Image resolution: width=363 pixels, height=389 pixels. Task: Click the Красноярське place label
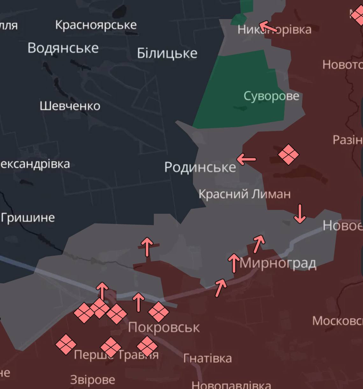point(96,25)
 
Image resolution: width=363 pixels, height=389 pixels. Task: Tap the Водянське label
point(63,48)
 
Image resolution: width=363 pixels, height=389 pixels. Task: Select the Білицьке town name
point(167,53)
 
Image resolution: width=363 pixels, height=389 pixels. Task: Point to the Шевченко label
point(70,106)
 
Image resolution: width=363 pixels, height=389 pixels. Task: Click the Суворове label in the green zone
point(271,96)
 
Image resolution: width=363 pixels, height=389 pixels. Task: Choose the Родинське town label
point(200,167)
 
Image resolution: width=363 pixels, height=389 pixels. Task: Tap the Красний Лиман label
point(245,194)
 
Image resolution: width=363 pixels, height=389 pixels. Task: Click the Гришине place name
point(28,218)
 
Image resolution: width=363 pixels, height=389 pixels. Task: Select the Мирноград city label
point(278,263)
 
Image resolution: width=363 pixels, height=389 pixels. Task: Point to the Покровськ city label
point(164,327)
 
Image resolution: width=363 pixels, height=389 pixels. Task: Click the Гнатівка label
point(207,358)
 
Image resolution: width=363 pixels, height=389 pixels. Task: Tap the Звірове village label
point(92,379)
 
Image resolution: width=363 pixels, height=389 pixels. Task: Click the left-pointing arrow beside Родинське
point(246,159)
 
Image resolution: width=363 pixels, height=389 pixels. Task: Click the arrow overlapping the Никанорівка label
point(268,27)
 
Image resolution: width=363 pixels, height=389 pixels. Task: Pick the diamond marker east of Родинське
point(288,155)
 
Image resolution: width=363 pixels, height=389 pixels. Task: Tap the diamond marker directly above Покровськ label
point(159,312)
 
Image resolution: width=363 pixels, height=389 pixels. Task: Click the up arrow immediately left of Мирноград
point(234,263)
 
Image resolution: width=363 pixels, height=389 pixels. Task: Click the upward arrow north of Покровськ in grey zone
point(147,247)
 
